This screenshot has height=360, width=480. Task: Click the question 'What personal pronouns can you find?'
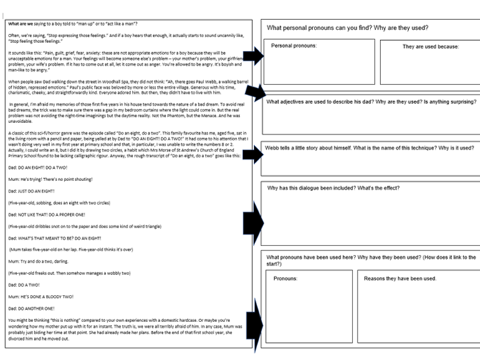347,28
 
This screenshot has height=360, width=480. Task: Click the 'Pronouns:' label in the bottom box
287,278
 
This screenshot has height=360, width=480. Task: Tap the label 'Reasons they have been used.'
400,278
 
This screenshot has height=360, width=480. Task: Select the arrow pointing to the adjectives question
253,92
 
